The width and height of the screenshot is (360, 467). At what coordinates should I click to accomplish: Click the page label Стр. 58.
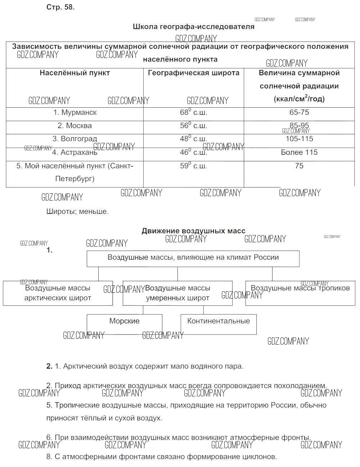coord(60,7)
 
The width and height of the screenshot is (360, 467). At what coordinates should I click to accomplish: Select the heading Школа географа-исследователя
coord(193,27)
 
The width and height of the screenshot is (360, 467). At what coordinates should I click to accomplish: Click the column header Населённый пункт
coord(75,73)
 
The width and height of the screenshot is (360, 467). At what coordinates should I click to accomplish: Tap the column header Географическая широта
coord(193,73)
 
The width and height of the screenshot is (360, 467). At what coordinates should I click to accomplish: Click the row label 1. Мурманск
coord(75,112)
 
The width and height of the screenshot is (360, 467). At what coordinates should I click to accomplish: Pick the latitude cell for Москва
coord(193,126)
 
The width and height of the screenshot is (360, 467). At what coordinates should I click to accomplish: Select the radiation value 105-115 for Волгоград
coord(299,139)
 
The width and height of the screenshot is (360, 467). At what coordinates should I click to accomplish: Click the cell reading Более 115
coord(299,152)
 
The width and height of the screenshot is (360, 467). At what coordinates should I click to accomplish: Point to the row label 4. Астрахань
coord(75,152)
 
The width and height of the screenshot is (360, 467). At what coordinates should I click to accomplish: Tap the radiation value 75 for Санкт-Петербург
coord(299,166)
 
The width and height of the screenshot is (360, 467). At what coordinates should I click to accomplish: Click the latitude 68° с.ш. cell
coord(193,112)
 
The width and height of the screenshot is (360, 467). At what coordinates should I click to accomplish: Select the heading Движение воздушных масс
coord(193,231)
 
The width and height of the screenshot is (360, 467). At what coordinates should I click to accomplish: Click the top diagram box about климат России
coord(193,258)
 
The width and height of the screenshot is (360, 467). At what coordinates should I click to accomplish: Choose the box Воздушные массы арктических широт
coord(58,293)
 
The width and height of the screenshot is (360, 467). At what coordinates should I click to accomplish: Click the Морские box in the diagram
coord(124,321)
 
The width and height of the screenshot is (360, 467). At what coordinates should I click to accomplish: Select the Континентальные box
coord(219,321)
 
